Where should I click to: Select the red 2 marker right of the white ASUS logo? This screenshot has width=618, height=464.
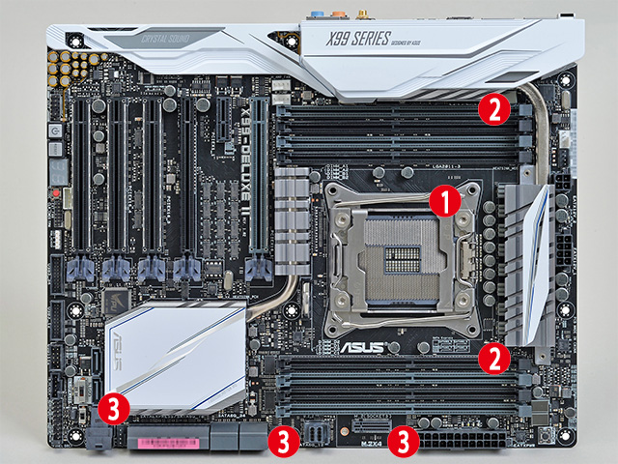[494, 359]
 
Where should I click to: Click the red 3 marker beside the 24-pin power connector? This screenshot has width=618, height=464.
[403, 443]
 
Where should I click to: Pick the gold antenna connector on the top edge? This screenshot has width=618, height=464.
[366, 14]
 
